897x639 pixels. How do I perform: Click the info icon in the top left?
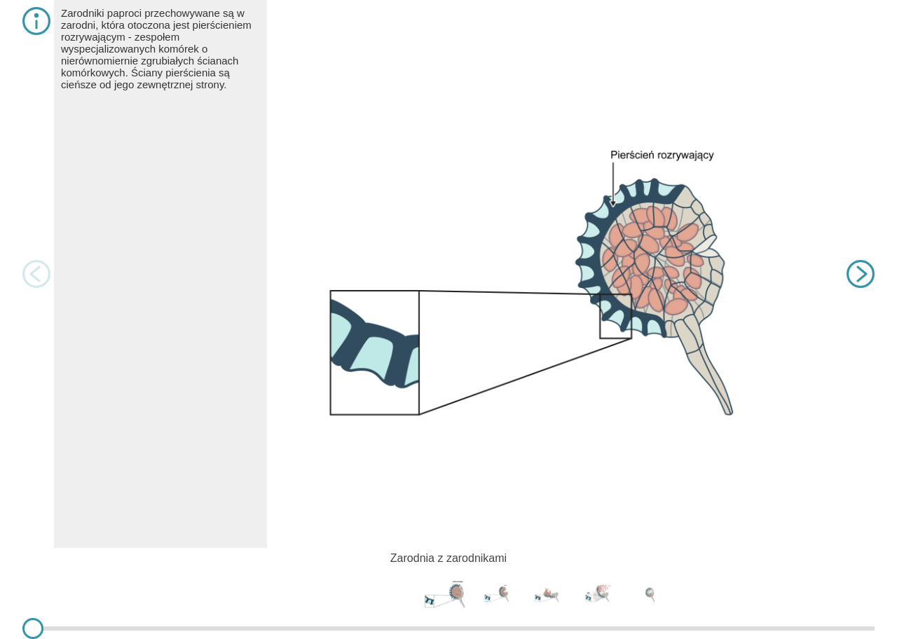point(36,21)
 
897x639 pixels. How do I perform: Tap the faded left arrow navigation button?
point(36,274)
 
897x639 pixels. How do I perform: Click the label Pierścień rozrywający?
point(662,156)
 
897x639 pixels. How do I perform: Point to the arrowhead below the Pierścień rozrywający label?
point(612,203)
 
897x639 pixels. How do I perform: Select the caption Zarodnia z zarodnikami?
point(448,558)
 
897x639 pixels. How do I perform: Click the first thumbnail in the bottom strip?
point(444,594)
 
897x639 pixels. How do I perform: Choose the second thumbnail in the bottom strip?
point(497,593)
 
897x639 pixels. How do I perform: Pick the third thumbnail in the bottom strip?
point(547,595)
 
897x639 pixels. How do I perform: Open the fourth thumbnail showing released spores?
point(598,593)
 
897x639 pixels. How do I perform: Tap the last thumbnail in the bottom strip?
point(650,594)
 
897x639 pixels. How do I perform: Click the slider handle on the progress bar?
point(33,628)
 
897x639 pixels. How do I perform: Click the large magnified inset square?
point(374,352)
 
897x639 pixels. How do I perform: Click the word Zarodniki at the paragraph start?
point(83,13)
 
